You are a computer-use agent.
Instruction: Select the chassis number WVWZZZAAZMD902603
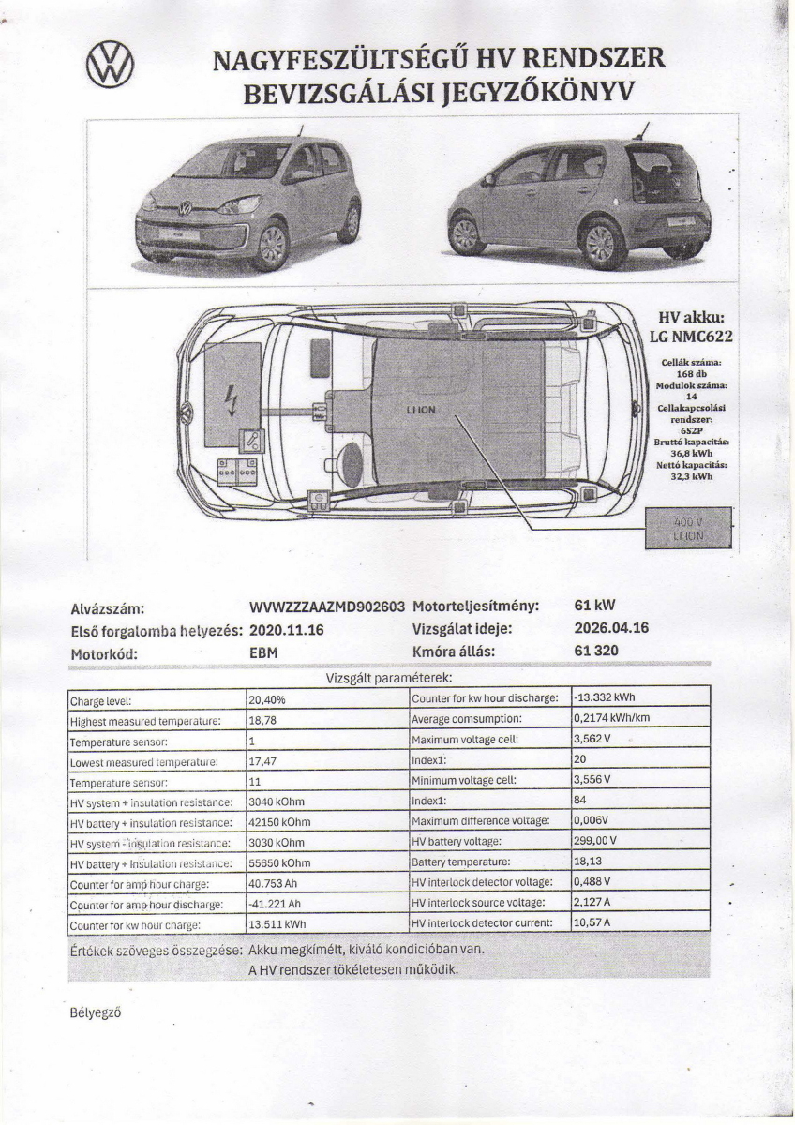pos(327,607)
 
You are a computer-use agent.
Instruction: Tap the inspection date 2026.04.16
pos(611,628)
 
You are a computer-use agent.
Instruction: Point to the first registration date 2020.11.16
pos(287,630)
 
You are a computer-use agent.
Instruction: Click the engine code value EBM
pos(264,652)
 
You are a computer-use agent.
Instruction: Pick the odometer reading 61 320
pos(596,651)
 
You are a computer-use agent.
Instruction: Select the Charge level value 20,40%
pos(267,699)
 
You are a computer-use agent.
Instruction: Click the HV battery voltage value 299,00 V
pos(594,840)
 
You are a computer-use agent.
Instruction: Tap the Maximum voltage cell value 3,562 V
pos(592,740)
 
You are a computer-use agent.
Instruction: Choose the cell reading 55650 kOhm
pos(279,862)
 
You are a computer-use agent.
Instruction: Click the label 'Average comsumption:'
pos(467,719)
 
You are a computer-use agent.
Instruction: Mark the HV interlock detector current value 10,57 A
pos(592,922)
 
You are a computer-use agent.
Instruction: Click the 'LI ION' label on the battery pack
pos(421,411)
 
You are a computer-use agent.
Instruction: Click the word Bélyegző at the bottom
pos(96,1012)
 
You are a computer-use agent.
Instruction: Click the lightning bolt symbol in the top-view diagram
pos(232,400)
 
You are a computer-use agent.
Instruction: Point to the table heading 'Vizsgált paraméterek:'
pos(389,677)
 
